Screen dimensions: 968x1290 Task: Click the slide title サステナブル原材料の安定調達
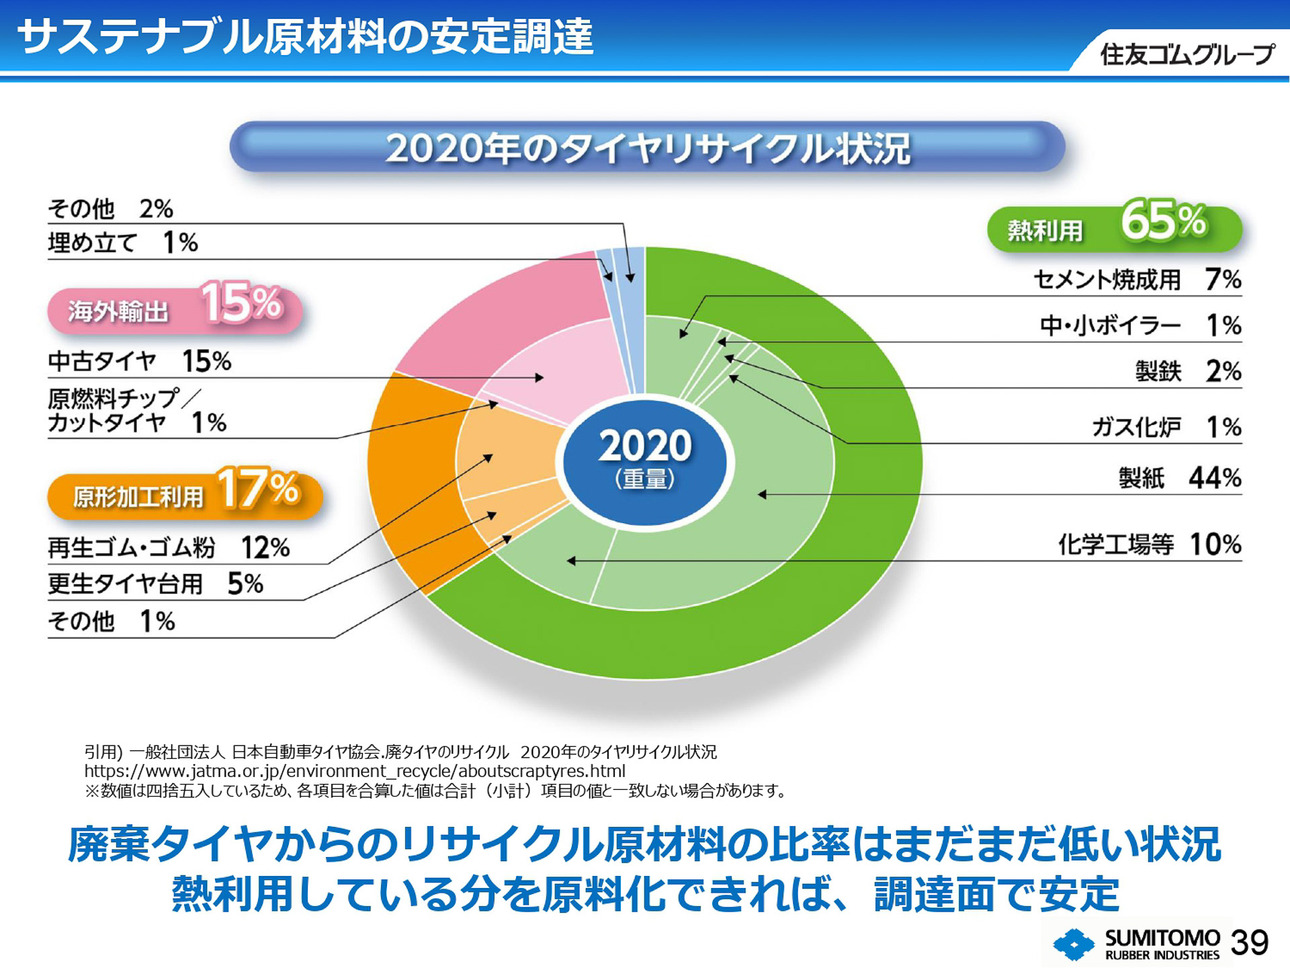coord(306,36)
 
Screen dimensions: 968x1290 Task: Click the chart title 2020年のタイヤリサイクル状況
coord(647,148)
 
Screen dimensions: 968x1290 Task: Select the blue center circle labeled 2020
coord(645,462)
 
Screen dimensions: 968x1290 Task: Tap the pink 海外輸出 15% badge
coord(175,308)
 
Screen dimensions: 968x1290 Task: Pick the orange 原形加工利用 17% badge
coord(185,494)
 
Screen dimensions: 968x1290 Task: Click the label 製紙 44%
coord(1179,478)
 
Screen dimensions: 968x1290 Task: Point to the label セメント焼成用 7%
coord(1137,280)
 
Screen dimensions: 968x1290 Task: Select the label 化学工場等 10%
coord(1149,544)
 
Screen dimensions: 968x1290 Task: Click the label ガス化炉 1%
coord(1166,427)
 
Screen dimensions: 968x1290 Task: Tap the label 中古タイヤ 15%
coord(139,362)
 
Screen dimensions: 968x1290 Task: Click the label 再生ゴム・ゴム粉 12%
coord(168,548)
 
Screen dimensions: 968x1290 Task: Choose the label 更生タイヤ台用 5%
coord(155,583)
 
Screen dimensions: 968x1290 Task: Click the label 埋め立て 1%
coord(123,243)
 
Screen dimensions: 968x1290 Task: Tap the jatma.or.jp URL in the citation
coord(355,771)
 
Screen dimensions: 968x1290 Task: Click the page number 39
coord(1249,942)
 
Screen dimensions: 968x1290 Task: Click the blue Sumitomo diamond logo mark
coord(1074,944)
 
